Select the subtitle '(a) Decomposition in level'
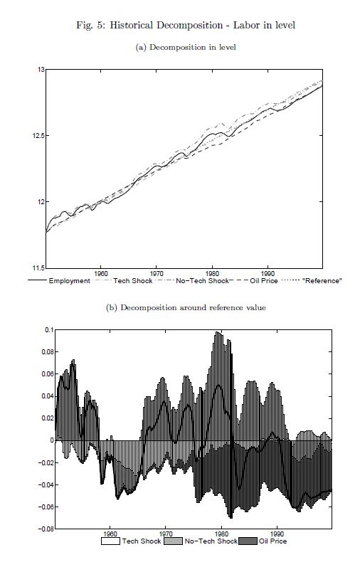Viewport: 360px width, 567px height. [186, 48]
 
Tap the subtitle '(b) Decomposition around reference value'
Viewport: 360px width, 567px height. [186, 308]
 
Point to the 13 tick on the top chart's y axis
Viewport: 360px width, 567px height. [40, 70]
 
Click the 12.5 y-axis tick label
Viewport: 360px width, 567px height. [38, 136]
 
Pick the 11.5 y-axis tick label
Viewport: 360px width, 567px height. [38, 268]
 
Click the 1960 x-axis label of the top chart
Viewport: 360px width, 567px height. [100, 273]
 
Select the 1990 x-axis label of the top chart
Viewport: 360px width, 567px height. [268, 273]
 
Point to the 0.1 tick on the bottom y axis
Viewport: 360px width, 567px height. [49, 330]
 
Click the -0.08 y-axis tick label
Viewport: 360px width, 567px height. [46, 529]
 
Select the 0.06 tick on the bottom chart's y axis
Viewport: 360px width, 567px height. [48, 374]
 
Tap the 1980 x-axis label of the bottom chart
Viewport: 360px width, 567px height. [221, 534]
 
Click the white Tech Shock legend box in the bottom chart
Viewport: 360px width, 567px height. [111, 541]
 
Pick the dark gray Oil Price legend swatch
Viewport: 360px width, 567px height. [248, 541]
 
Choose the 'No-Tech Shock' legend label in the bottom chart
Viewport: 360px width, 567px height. [211, 541]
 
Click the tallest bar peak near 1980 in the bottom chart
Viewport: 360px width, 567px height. [218, 332]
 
